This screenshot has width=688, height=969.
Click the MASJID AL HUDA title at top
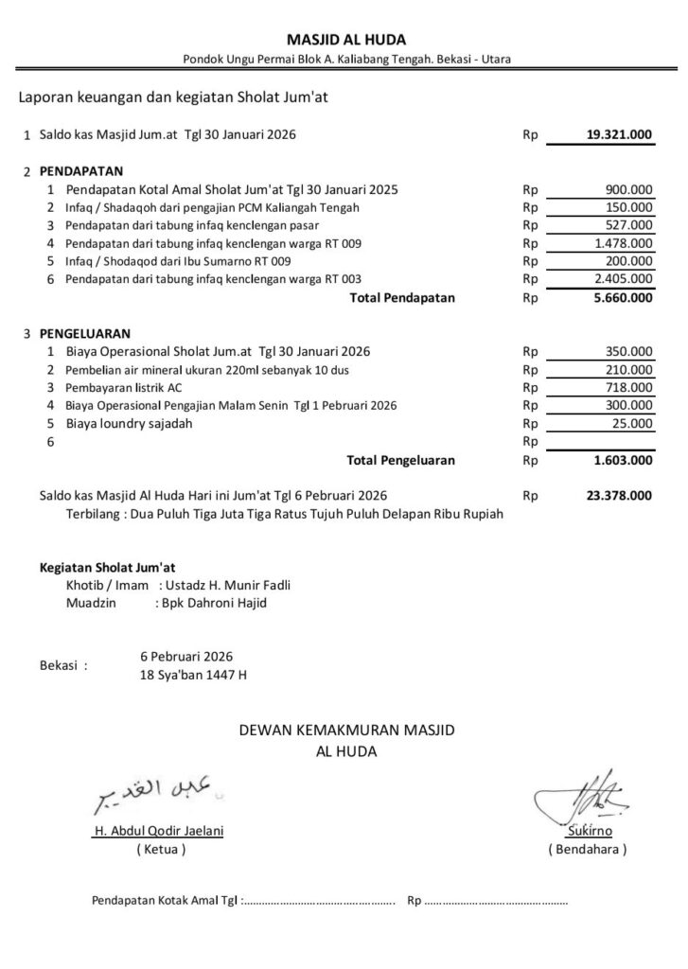(x=345, y=40)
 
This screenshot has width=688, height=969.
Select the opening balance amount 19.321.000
(x=619, y=135)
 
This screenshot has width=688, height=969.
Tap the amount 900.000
(x=628, y=189)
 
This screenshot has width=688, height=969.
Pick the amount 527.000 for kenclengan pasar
(x=628, y=225)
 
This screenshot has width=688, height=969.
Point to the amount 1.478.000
(x=623, y=243)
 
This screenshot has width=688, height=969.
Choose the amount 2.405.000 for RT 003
(x=623, y=278)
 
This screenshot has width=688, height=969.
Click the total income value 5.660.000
(x=620, y=298)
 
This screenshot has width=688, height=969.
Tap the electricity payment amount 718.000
(x=628, y=387)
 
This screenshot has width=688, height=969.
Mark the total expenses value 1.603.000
(x=620, y=461)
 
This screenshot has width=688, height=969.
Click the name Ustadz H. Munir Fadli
(x=228, y=586)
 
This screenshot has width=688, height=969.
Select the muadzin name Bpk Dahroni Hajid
(x=212, y=603)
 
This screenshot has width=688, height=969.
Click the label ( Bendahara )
(x=588, y=850)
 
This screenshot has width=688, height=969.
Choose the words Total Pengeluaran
(x=401, y=461)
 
